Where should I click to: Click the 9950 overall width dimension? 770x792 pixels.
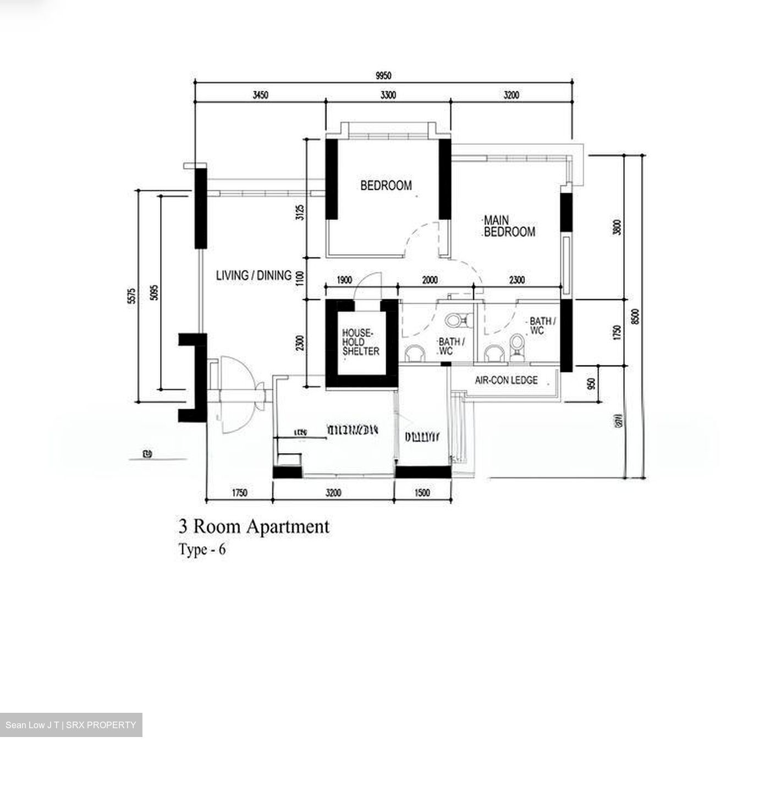click(383, 76)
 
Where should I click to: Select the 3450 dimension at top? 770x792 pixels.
click(260, 95)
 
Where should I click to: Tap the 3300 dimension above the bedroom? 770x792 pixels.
click(388, 95)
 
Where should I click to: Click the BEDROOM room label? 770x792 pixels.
click(386, 186)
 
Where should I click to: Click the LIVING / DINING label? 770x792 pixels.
click(254, 276)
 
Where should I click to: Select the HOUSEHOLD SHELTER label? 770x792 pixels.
click(360, 342)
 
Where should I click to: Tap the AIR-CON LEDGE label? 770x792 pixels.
click(506, 380)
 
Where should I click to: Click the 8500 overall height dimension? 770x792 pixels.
click(635, 317)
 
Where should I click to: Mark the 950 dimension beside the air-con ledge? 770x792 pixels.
click(591, 383)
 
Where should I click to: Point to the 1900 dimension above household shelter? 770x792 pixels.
click(344, 280)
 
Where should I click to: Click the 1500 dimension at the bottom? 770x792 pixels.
click(422, 493)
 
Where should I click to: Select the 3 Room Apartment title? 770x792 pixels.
click(254, 527)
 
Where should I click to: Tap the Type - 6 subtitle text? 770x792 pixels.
click(202, 550)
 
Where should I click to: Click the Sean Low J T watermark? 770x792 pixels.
click(70, 725)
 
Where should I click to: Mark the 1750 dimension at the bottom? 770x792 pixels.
click(239, 493)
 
